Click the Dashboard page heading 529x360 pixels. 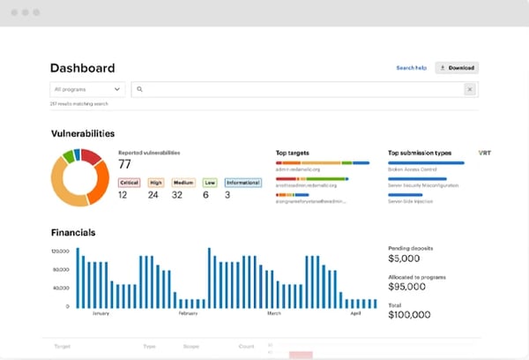coord(82,68)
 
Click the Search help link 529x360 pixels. coord(411,68)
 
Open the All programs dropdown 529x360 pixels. coord(88,89)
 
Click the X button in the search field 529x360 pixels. coord(469,89)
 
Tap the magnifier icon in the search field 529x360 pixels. coord(140,89)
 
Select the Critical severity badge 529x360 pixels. coord(129,183)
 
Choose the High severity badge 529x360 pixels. coord(156,183)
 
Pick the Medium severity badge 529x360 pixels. coord(183,183)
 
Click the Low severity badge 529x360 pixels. coord(209,183)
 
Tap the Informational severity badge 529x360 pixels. coord(242,183)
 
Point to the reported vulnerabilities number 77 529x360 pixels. coord(124,164)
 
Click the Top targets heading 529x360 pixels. coord(292,153)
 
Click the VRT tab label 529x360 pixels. coord(484,153)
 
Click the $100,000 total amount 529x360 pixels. coord(409,314)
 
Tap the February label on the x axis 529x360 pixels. coord(188,312)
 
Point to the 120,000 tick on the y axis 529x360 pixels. coord(60,251)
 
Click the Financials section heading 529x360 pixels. coord(73,233)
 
